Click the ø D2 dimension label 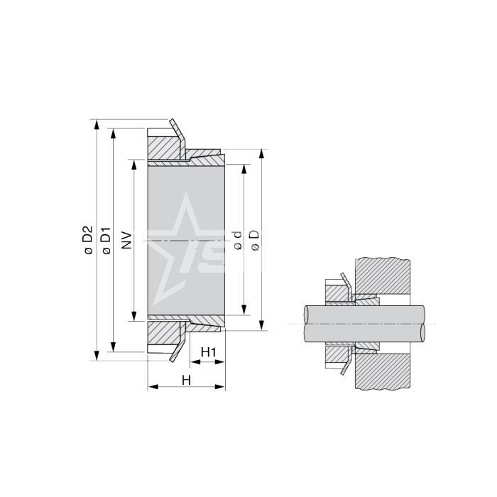(88, 240)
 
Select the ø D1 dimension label (106, 241)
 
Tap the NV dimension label (126, 240)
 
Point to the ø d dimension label (238, 240)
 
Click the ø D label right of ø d (255, 240)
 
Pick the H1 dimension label (209, 352)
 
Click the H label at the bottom (186, 380)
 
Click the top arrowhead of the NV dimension (134, 165)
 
